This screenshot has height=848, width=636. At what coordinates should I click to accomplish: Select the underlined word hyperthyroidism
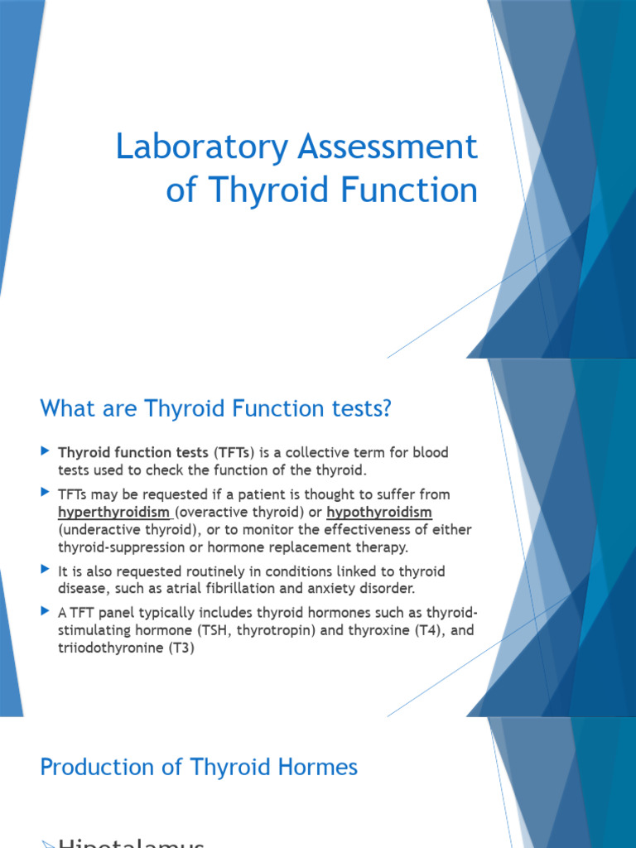113,512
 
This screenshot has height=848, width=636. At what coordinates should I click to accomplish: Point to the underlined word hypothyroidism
379,512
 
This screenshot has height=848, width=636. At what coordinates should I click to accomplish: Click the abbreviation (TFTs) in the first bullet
236,453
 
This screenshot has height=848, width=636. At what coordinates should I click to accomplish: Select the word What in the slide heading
65,408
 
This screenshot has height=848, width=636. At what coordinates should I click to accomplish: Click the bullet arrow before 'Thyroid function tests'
46,452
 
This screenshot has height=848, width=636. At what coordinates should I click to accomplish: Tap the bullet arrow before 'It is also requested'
46,571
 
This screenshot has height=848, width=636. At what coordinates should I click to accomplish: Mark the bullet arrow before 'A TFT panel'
46,611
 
